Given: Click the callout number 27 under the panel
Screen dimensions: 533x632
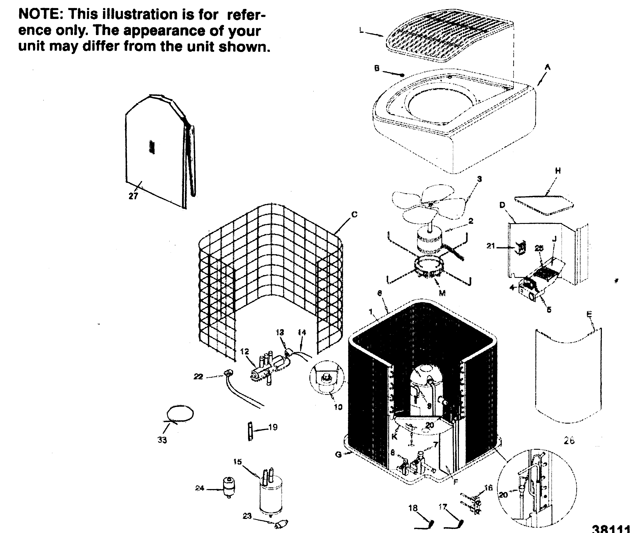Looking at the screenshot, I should pyautogui.click(x=133, y=196).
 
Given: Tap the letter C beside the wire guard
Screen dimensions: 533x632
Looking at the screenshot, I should pyautogui.click(x=354, y=214).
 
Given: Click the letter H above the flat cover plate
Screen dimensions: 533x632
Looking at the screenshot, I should pyautogui.click(x=558, y=171).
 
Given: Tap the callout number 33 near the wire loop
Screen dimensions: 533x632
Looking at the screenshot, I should pyautogui.click(x=162, y=440).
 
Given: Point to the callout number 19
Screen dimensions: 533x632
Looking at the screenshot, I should pyautogui.click(x=273, y=427).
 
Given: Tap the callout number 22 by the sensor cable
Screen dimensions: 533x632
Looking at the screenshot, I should pyautogui.click(x=198, y=377).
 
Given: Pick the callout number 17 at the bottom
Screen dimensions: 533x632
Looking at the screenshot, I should pyautogui.click(x=443, y=507).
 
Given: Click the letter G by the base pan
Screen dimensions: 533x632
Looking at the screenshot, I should pyautogui.click(x=338, y=454).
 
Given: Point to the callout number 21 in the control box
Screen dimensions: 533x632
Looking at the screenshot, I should pyautogui.click(x=491, y=246).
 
